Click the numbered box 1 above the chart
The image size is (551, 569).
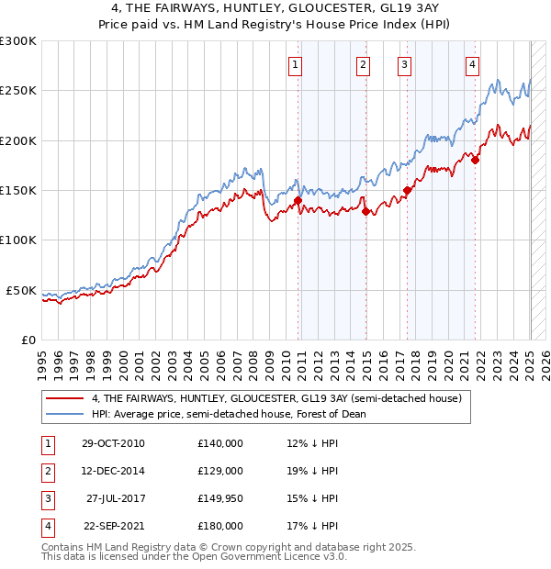296,64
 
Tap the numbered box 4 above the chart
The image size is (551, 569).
472,64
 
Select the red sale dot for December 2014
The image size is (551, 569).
365,211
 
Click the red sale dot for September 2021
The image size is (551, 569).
476,161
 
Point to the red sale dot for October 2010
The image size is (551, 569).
298,200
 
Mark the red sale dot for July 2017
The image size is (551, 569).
407,191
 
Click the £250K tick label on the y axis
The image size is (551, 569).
17,91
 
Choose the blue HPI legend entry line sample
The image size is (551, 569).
65,414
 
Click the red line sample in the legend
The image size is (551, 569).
65,398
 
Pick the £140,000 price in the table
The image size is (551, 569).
219,443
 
